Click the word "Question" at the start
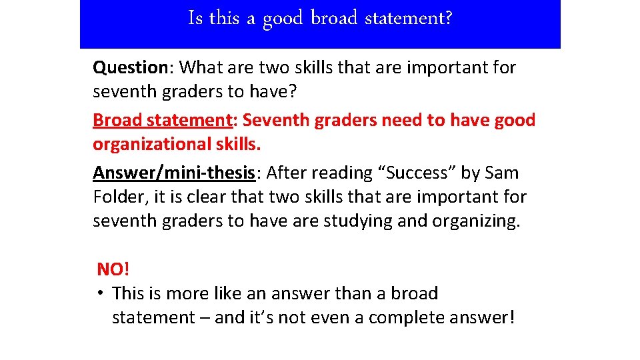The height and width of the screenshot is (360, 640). pyautogui.click(x=129, y=67)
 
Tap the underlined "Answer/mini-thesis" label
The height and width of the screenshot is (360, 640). pyautogui.click(x=174, y=173)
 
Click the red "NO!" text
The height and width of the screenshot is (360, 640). pyautogui.click(x=113, y=269)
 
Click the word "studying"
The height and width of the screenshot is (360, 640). pyautogui.click(x=358, y=221)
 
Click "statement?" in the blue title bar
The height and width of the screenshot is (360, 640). pyautogui.click(x=408, y=18)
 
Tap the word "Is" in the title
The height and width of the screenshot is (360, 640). pyautogui.click(x=195, y=18)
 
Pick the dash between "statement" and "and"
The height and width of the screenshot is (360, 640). pyautogui.click(x=203, y=318)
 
